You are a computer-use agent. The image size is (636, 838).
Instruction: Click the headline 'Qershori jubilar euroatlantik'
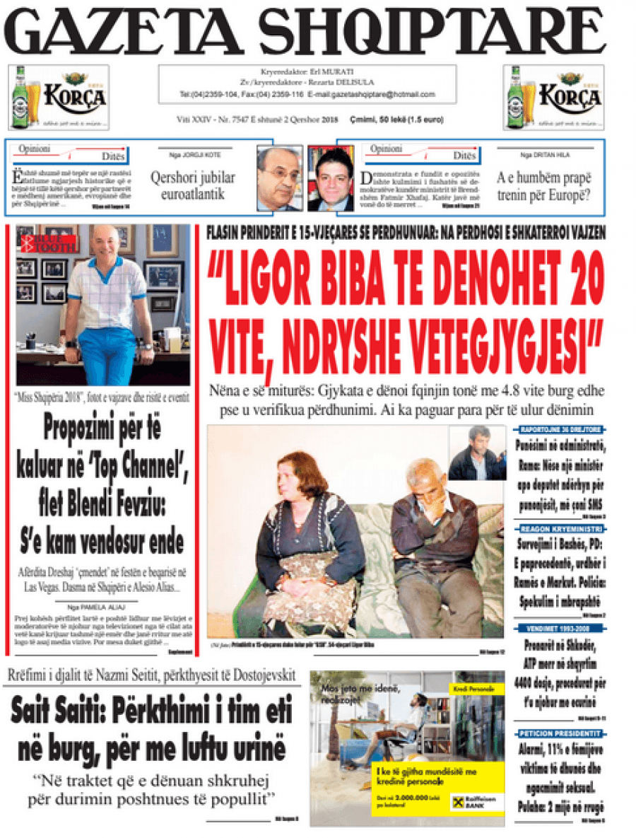click(192, 186)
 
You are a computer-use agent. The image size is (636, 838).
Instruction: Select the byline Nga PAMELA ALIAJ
click(103, 606)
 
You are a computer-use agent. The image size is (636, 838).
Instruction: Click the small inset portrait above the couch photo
click(477, 453)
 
